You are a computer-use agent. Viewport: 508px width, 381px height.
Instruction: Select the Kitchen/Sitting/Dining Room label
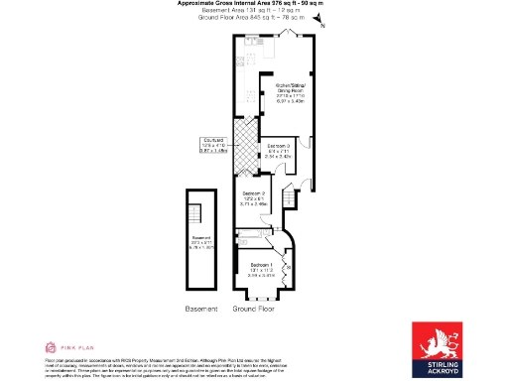click(291, 92)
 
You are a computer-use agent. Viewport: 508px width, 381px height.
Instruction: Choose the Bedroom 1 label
click(262, 270)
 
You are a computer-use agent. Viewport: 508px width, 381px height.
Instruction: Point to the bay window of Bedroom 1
click(261, 293)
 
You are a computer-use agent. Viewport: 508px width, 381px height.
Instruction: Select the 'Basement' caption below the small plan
click(201, 310)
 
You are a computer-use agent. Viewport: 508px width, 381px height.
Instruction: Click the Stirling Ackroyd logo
click(444, 348)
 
